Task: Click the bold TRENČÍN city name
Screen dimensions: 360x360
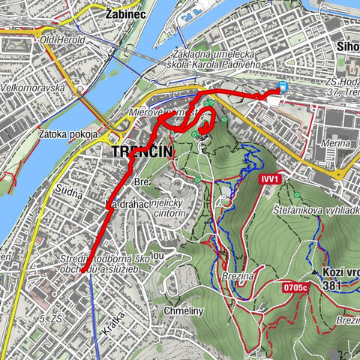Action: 142,152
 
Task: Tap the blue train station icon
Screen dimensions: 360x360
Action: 283,86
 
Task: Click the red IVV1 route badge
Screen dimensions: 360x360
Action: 271,179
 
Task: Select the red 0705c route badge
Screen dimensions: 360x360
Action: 296,286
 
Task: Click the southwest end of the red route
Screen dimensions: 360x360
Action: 79,274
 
